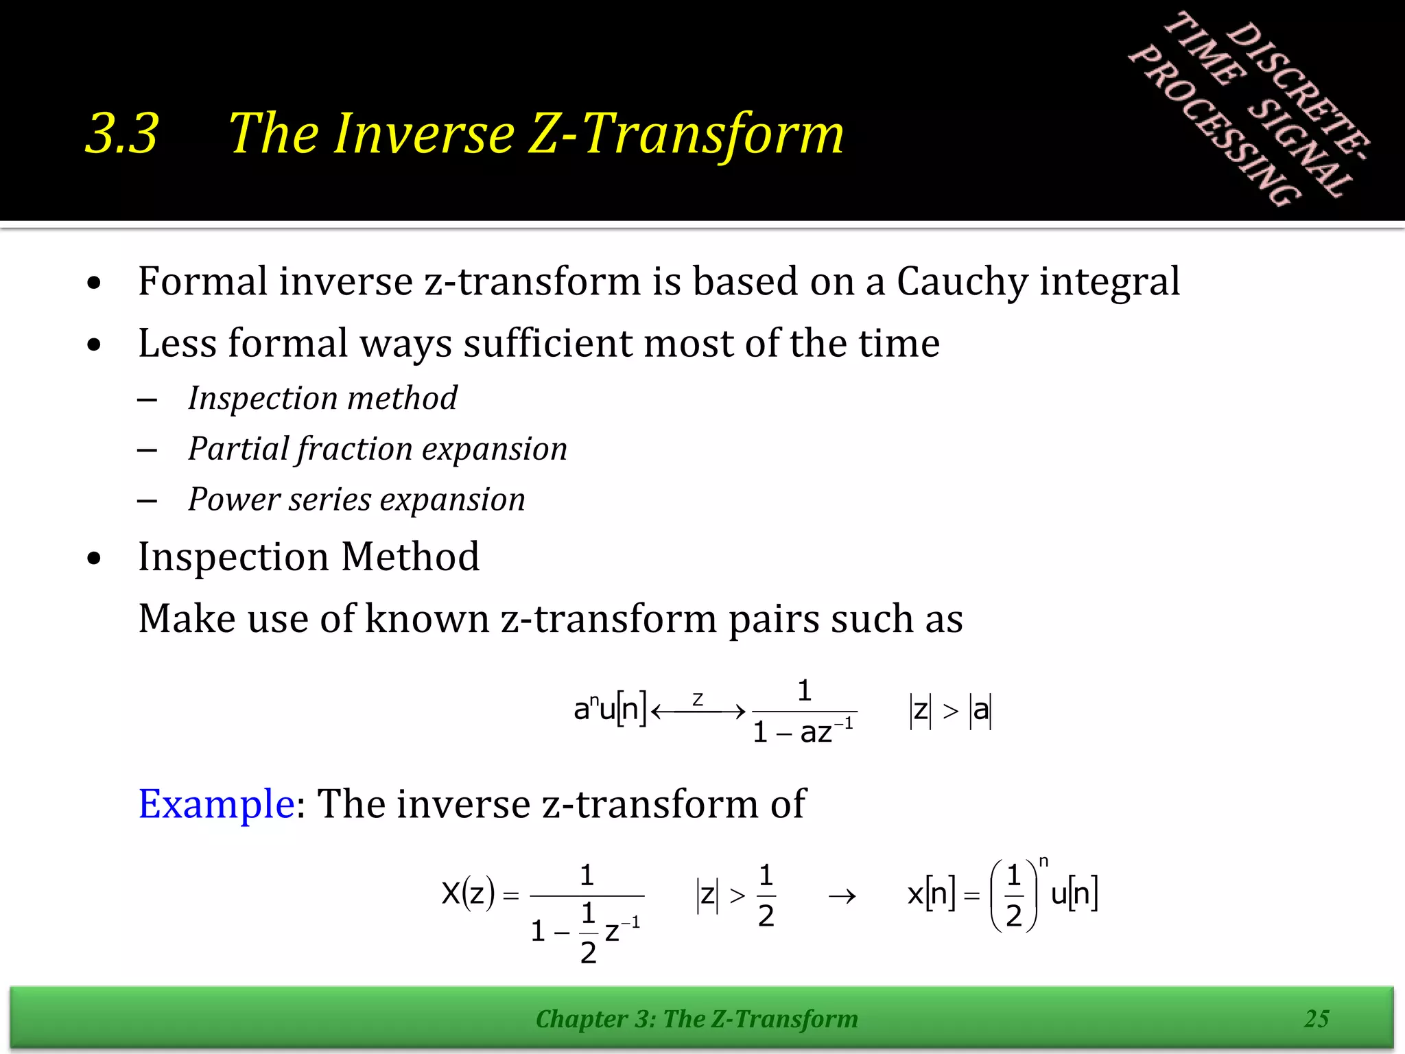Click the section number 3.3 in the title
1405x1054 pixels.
[x=122, y=133]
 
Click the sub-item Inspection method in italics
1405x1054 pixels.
[x=322, y=399]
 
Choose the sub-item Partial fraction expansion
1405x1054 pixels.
[x=377, y=449]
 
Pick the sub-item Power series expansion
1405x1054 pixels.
[x=357, y=500]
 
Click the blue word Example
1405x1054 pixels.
[x=216, y=804]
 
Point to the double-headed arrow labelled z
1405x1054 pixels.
[x=698, y=711]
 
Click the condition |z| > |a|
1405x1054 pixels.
[x=951, y=711]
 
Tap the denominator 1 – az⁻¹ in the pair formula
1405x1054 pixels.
[x=803, y=732]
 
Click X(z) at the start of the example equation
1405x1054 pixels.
[x=468, y=894]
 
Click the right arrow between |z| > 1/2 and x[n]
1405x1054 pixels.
[x=842, y=896]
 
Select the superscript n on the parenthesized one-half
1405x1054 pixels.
[x=1043, y=862]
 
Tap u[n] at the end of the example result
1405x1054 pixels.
[x=1074, y=894]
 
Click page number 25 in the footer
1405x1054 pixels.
[x=1317, y=1019]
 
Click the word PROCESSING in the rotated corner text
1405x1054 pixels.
[x=1214, y=127]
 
